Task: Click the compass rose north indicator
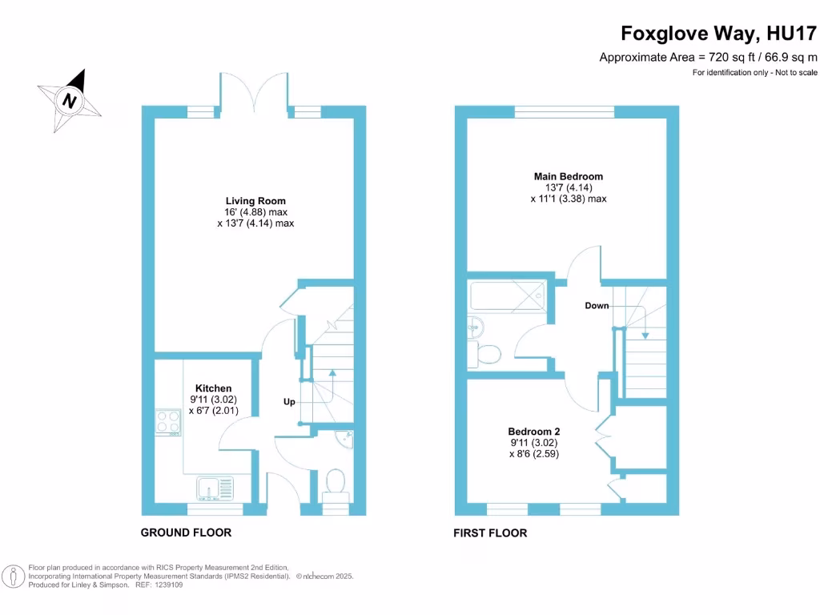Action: (70, 100)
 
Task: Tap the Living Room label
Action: (255, 201)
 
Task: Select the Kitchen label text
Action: (213, 388)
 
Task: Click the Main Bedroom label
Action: (569, 176)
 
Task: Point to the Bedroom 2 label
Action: (533, 431)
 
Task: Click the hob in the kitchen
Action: (168, 420)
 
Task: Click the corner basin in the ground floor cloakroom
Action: (345, 440)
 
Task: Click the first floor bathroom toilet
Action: (486, 352)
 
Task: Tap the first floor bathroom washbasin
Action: (476, 325)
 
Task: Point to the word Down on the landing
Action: (596, 306)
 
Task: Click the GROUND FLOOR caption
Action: (186, 533)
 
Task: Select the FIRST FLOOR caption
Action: (490, 533)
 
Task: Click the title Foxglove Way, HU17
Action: (719, 34)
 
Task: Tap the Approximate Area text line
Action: (709, 57)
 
